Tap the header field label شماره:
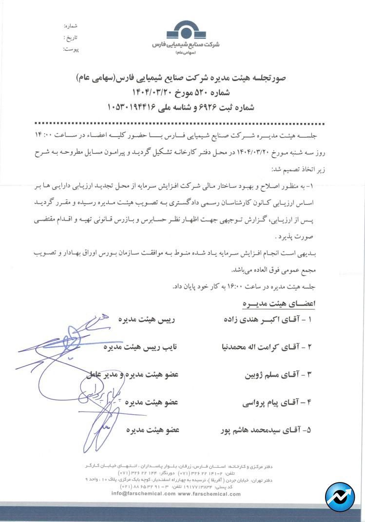click(x=71, y=25)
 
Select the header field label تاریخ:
click(x=71, y=37)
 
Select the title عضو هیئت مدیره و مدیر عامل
click(x=132, y=375)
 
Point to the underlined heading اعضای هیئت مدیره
click(x=279, y=303)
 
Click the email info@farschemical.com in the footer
click(x=143, y=493)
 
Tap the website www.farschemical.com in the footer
click(x=209, y=493)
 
